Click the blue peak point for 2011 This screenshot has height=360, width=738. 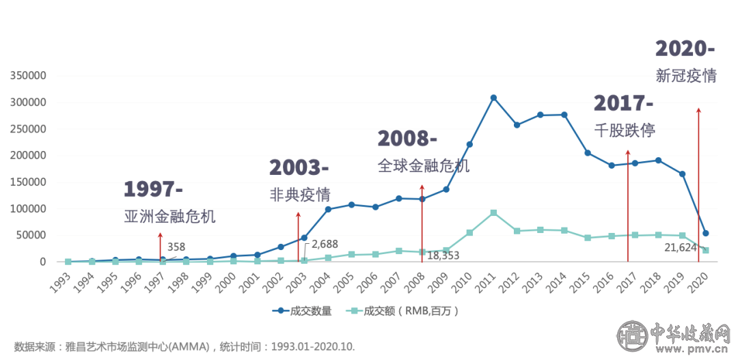coord(493,98)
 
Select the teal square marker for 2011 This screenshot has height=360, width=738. coord(493,213)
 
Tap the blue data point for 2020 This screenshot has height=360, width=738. coord(706,234)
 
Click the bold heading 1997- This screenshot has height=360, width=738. coord(154,189)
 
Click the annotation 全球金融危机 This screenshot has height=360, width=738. coord(424,165)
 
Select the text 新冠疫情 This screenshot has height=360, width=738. coord(685,75)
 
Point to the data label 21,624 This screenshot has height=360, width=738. coord(681,247)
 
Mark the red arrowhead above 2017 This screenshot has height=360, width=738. coord(628,153)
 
